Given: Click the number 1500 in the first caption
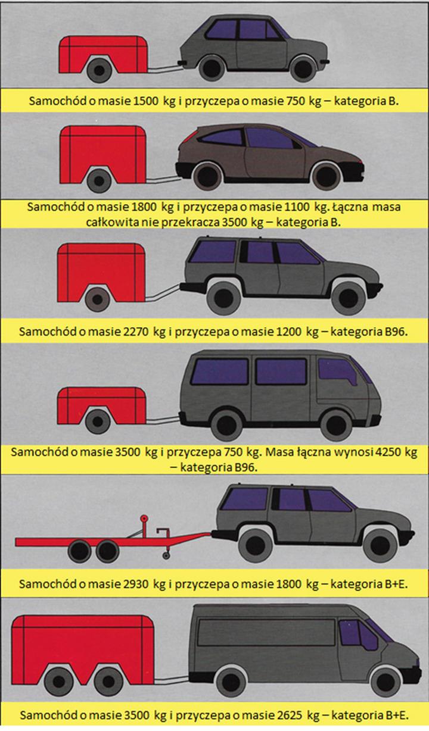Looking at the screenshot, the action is coord(146,101).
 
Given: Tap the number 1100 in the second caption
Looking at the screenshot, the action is coord(297,207).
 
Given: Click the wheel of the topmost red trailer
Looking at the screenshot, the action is coord(100,70).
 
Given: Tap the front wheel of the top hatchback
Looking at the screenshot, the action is coord(303,69).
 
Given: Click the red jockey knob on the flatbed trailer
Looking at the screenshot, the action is coord(143,519).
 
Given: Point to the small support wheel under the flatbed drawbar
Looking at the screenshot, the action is coord(167,555).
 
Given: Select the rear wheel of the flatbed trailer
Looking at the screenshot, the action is coord(79,551).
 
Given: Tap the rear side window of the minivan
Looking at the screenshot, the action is coord(219,371).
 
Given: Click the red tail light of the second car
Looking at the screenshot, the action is coord(186,137).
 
